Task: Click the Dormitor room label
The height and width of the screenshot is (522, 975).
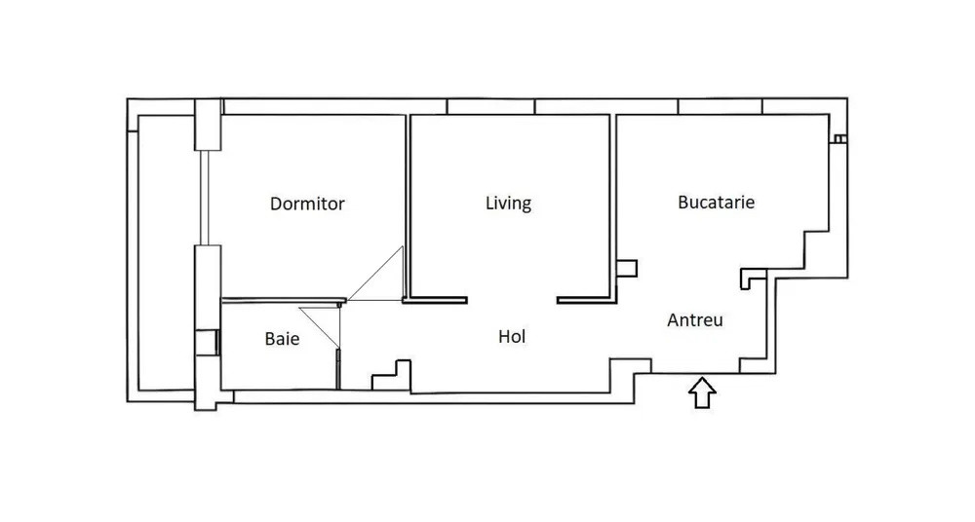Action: click(x=307, y=205)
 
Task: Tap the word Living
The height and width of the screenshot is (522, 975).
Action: click(x=508, y=204)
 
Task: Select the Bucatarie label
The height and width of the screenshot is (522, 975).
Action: click(x=717, y=203)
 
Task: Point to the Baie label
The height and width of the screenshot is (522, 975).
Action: click(x=282, y=340)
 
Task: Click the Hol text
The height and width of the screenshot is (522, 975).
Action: click(x=512, y=337)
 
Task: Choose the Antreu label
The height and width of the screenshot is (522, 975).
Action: click(x=695, y=319)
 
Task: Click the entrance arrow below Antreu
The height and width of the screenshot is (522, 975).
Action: click(x=702, y=392)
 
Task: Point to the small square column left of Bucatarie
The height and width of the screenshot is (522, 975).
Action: click(x=627, y=268)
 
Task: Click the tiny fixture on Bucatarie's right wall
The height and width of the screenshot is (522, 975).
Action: click(x=838, y=139)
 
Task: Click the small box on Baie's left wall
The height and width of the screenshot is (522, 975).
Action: click(x=207, y=342)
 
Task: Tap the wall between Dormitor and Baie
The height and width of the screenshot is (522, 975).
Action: click(x=283, y=300)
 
